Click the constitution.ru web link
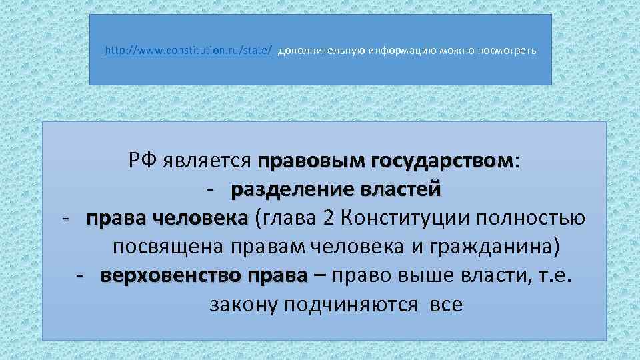pos(189,51)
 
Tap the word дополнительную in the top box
pos(312,51)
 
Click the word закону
pos(243,305)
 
